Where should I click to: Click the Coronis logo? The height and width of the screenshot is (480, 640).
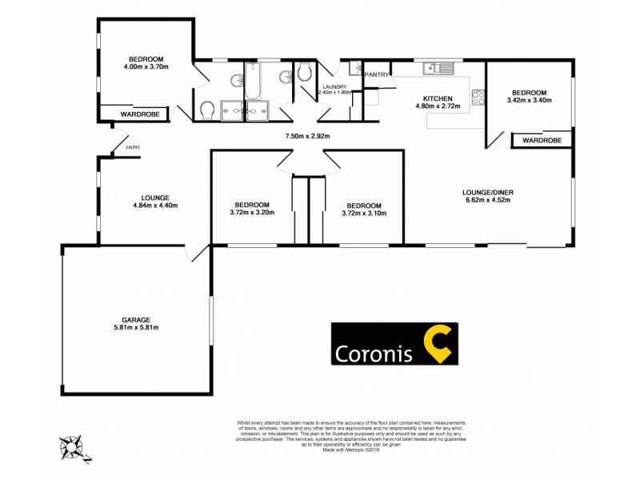394,343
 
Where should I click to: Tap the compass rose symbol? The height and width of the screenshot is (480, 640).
74,446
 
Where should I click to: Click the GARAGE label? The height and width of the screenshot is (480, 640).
136,318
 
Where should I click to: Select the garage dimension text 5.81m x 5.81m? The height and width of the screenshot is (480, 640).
136,326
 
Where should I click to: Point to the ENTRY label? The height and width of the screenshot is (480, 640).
133,147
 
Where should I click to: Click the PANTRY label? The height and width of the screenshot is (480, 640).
377,75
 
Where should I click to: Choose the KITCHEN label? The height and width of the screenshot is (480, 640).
438,98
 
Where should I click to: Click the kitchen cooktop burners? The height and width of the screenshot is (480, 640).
478,98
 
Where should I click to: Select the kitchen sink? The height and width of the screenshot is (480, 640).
439,68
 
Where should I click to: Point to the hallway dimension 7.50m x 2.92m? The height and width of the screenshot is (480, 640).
308,136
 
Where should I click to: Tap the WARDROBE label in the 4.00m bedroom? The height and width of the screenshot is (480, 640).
140,114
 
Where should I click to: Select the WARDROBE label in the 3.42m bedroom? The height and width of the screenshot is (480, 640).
541,141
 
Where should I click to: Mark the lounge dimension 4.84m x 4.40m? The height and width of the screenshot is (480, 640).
154,206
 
